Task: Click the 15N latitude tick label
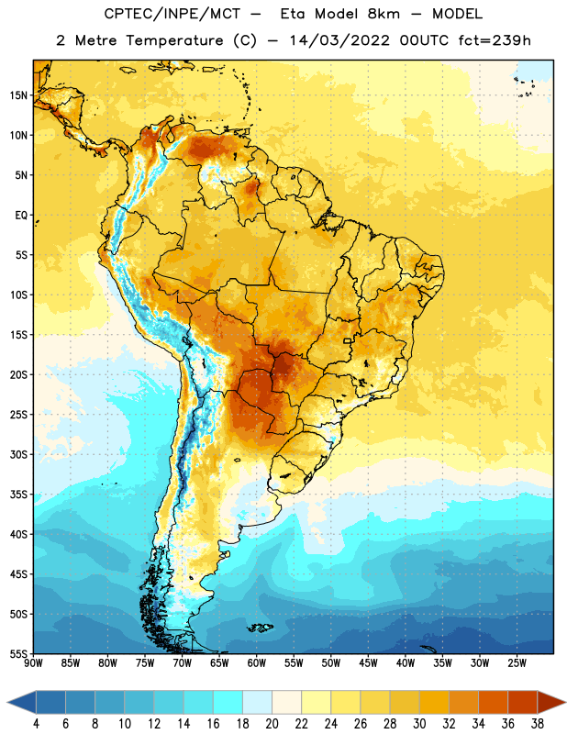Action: pos(18,95)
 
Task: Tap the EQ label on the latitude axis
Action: pos(21,216)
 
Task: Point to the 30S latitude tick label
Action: pos(18,455)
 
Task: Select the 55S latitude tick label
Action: pos(18,654)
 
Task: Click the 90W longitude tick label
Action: pos(33,663)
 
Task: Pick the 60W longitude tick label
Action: pos(257,663)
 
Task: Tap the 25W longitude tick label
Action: pos(517,663)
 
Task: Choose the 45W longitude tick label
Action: pos(368,663)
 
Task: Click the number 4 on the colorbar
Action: pos(36,724)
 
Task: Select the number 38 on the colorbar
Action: pos(538,724)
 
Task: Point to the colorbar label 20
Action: pos(272,724)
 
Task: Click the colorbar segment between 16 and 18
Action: pos(228,702)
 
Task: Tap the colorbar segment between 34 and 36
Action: pos(494,702)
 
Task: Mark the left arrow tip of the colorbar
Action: pos(7,702)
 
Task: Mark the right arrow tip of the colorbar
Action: pos(565,702)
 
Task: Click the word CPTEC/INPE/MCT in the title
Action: pos(172,14)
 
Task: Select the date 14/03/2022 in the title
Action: pos(339,40)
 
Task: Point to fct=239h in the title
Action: pos(495,40)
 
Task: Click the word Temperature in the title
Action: pos(174,40)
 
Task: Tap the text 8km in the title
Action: pos(384,14)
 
